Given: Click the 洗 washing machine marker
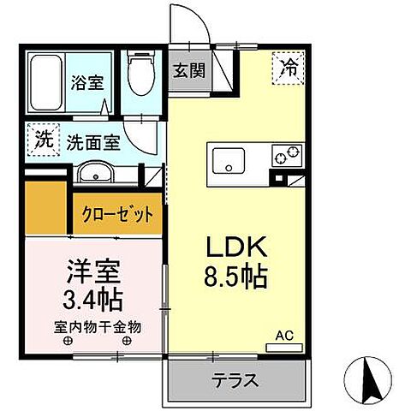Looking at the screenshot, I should click(x=39, y=140).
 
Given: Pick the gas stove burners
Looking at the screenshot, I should click(x=286, y=157).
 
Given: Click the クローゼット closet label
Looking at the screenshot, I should click(x=118, y=213).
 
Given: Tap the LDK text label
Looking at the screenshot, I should click(x=236, y=248).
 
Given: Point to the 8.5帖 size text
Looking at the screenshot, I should click(x=237, y=277).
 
